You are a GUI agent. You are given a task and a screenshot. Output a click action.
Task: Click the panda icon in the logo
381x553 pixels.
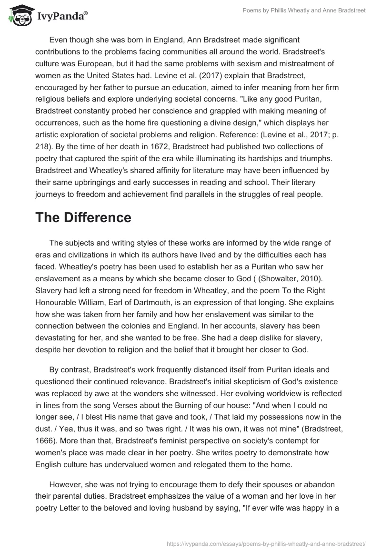[20, 17]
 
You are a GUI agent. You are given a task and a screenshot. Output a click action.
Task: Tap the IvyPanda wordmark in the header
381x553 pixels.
[62, 17]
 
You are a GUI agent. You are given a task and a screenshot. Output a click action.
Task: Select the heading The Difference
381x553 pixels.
[83, 217]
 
